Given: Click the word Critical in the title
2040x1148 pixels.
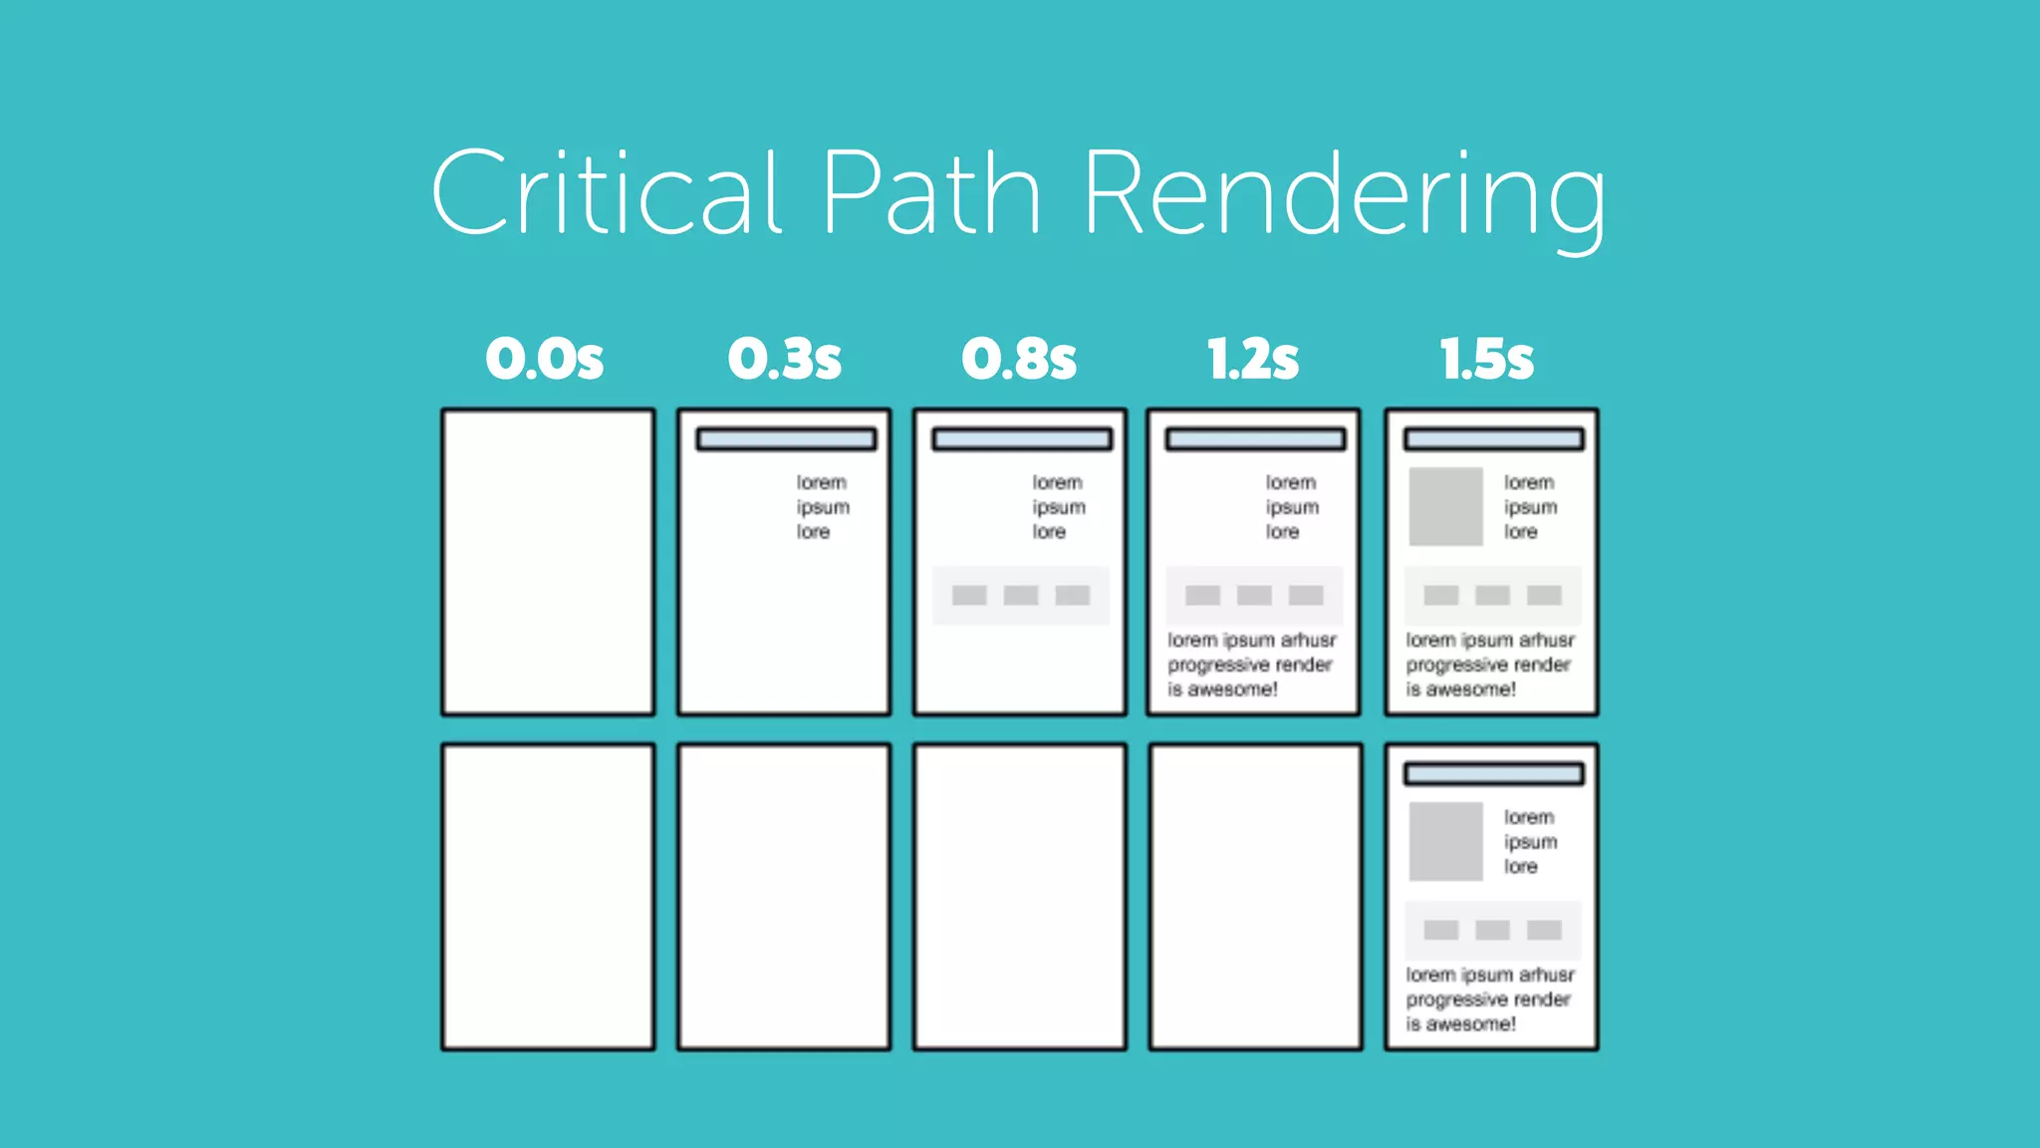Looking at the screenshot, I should [x=606, y=191].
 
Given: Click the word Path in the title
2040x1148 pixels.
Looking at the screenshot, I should [x=931, y=191].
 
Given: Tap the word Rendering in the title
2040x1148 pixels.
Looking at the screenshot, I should [x=1344, y=194].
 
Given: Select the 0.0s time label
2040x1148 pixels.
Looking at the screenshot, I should [x=545, y=359].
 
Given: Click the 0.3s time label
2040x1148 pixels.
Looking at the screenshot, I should [x=785, y=359].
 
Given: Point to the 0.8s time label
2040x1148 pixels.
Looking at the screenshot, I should [x=1019, y=359].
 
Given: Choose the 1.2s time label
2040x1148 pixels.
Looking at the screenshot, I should [x=1253, y=359].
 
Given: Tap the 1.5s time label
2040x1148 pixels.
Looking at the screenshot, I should [x=1487, y=359].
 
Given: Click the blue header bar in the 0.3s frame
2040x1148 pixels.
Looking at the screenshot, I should [x=786, y=439].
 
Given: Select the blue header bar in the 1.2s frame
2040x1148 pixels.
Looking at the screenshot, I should [x=1255, y=439].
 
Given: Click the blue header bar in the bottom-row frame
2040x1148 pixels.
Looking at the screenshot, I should [x=1493, y=774].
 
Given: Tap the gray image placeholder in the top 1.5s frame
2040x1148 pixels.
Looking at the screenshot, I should [x=1445, y=506].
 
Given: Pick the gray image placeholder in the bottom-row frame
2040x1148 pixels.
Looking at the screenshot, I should [x=1445, y=841].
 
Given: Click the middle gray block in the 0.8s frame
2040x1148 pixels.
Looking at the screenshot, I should [x=1021, y=596].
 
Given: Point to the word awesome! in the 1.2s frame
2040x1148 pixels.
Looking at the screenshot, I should [x=1232, y=690].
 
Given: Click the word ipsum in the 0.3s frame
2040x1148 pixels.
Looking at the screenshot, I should [x=823, y=507].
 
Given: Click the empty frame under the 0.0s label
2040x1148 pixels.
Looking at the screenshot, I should [x=549, y=562].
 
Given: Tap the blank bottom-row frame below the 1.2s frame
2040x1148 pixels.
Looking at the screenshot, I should [x=1255, y=897].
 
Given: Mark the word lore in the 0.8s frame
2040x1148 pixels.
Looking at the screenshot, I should [x=1049, y=532].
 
